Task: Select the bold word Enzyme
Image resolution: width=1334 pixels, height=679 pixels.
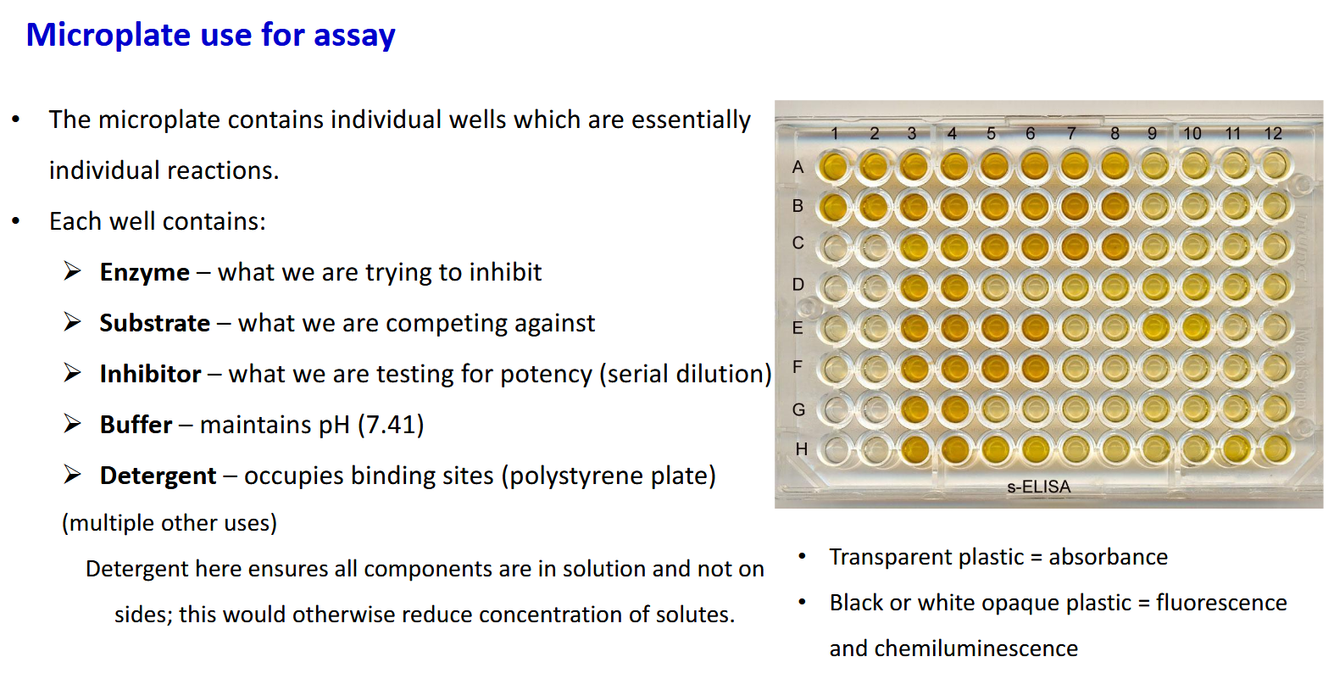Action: (144, 272)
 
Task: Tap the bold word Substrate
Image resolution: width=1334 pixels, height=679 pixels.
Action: (154, 323)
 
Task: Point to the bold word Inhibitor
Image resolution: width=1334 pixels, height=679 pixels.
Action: (150, 374)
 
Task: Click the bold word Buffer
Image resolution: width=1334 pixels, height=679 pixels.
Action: (136, 425)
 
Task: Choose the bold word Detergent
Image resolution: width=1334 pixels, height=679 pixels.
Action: (158, 476)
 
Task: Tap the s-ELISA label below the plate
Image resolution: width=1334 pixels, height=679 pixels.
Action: (1038, 487)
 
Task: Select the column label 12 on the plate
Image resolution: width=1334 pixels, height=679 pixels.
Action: (1272, 134)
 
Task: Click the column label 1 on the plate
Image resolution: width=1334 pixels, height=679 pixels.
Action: (835, 134)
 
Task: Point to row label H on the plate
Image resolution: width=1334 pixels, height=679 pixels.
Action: (801, 449)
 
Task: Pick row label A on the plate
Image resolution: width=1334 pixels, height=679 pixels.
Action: (798, 167)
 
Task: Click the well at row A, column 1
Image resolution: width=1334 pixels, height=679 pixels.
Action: (835, 166)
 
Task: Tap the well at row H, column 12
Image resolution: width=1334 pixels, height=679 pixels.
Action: (1273, 449)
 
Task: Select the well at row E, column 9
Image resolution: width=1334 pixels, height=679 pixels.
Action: (1153, 327)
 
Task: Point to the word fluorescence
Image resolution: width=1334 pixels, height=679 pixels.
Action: (1221, 603)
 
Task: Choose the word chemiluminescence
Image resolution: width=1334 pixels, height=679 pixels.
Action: (953, 648)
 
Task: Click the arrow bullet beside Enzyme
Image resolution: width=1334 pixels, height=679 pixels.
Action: (73, 271)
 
